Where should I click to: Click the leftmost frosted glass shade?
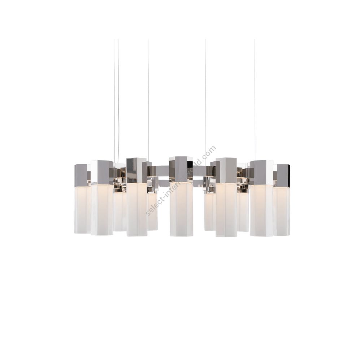(82, 209)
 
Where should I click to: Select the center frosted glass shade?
(182, 209)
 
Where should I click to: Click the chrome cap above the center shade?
(181, 169)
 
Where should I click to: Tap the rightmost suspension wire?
(255, 100)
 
